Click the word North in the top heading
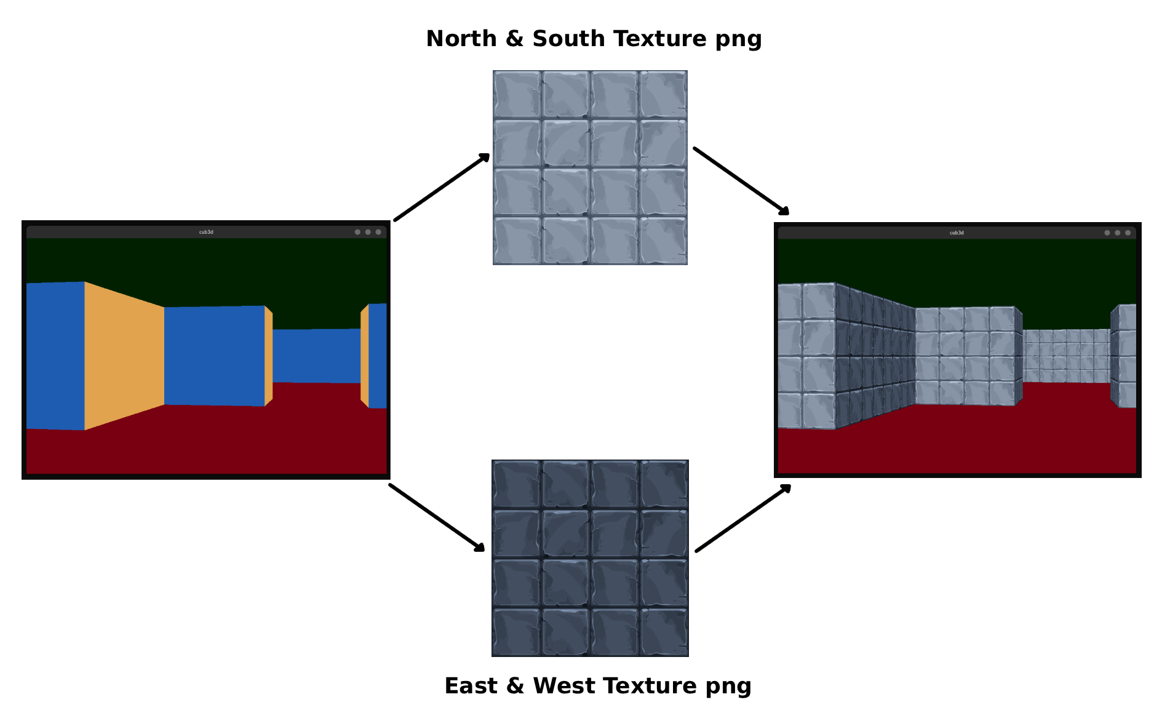tap(461, 39)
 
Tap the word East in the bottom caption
tap(471, 686)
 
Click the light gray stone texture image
tap(590, 167)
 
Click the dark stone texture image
tap(590, 558)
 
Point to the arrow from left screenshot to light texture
tap(442, 187)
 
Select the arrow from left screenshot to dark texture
tap(437, 518)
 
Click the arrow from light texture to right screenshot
tap(741, 181)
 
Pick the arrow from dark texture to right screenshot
tap(743, 518)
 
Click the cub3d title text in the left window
tap(206, 232)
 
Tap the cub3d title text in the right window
tap(957, 233)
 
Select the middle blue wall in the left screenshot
tap(214, 356)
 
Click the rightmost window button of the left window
tap(378, 232)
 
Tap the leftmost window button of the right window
tap(1107, 233)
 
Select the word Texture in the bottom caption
tap(658, 686)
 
